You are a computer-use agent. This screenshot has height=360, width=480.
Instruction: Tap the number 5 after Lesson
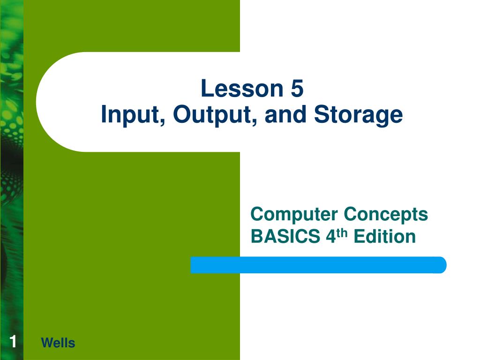pyautogui.click(x=297, y=89)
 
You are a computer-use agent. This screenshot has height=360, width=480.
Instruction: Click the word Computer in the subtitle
pyautogui.click(x=294, y=215)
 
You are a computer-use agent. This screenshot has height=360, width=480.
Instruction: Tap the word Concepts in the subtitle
pyautogui.click(x=386, y=215)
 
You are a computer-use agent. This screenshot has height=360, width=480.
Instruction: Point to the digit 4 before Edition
pyautogui.click(x=330, y=237)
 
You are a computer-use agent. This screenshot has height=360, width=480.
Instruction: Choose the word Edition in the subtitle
pyautogui.click(x=384, y=237)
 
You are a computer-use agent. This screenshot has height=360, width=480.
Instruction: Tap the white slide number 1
pyautogui.click(x=13, y=342)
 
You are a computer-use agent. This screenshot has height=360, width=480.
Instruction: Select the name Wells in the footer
pyautogui.click(x=58, y=343)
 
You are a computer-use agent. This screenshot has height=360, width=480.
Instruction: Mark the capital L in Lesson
pyautogui.click(x=206, y=89)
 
